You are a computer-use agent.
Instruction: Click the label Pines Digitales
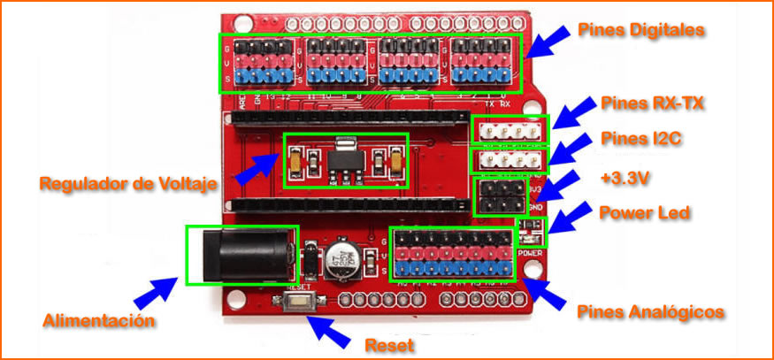point(641,30)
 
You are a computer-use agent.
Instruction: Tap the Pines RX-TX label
point(652,103)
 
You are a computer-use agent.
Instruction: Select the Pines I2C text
point(641,138)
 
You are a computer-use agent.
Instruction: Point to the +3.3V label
point(625,178)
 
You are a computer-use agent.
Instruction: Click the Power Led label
point(643,213)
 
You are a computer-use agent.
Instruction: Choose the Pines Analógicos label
point(651,312)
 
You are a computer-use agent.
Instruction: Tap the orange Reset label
point(390,344)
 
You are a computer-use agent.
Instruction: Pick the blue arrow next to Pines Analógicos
point(547,295)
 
